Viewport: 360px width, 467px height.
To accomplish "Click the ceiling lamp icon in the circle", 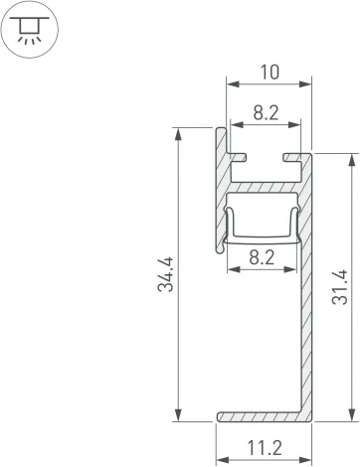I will coord(29,27).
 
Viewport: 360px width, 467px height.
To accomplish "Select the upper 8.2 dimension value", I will coord(265,113).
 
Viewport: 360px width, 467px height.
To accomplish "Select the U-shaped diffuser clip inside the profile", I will coord(264,238).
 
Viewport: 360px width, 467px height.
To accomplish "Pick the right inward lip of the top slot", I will coord(292,156).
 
